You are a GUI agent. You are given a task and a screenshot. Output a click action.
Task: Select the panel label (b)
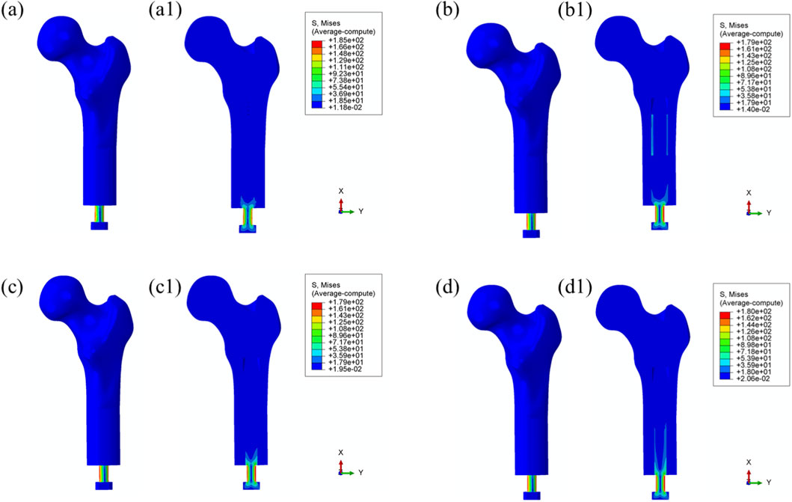coord(447,11)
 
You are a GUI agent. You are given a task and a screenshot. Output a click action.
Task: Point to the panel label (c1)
coord(165,287)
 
